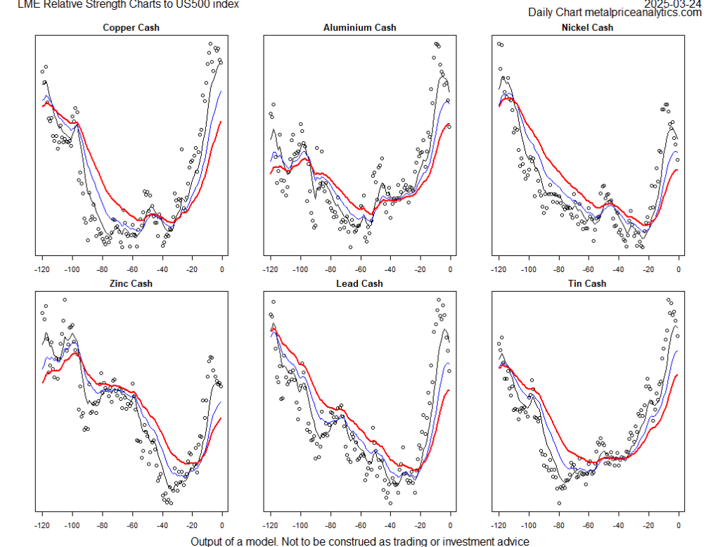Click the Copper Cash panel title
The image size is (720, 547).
131,27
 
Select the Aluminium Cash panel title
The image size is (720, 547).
359,27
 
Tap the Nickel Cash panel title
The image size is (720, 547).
587,27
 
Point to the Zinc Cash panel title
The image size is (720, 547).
131,283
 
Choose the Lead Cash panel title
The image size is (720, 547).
359,283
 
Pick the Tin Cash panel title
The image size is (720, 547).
587,283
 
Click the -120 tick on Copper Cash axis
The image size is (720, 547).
42,268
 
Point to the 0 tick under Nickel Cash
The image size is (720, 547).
679,268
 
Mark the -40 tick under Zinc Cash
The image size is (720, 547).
162,524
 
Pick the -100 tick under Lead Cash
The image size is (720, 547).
300,524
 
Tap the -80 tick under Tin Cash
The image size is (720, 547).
558,524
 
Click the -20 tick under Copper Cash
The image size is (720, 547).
192,268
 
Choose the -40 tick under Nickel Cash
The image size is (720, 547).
618,268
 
